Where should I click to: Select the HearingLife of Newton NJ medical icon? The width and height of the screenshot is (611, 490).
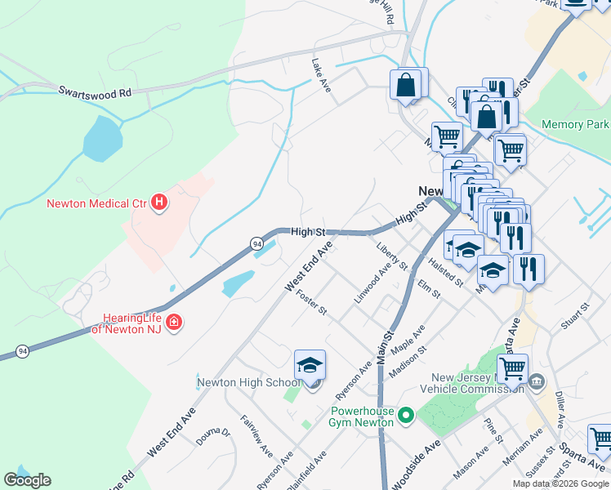172,324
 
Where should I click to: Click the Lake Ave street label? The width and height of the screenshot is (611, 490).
321,74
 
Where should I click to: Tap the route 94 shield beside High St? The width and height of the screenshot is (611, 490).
256,244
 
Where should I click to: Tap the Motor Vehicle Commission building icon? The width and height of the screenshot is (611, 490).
537,381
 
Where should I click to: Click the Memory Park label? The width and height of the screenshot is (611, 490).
576,125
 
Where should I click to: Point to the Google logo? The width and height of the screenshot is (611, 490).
28,479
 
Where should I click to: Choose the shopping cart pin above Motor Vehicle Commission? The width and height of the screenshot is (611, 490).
512,369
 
